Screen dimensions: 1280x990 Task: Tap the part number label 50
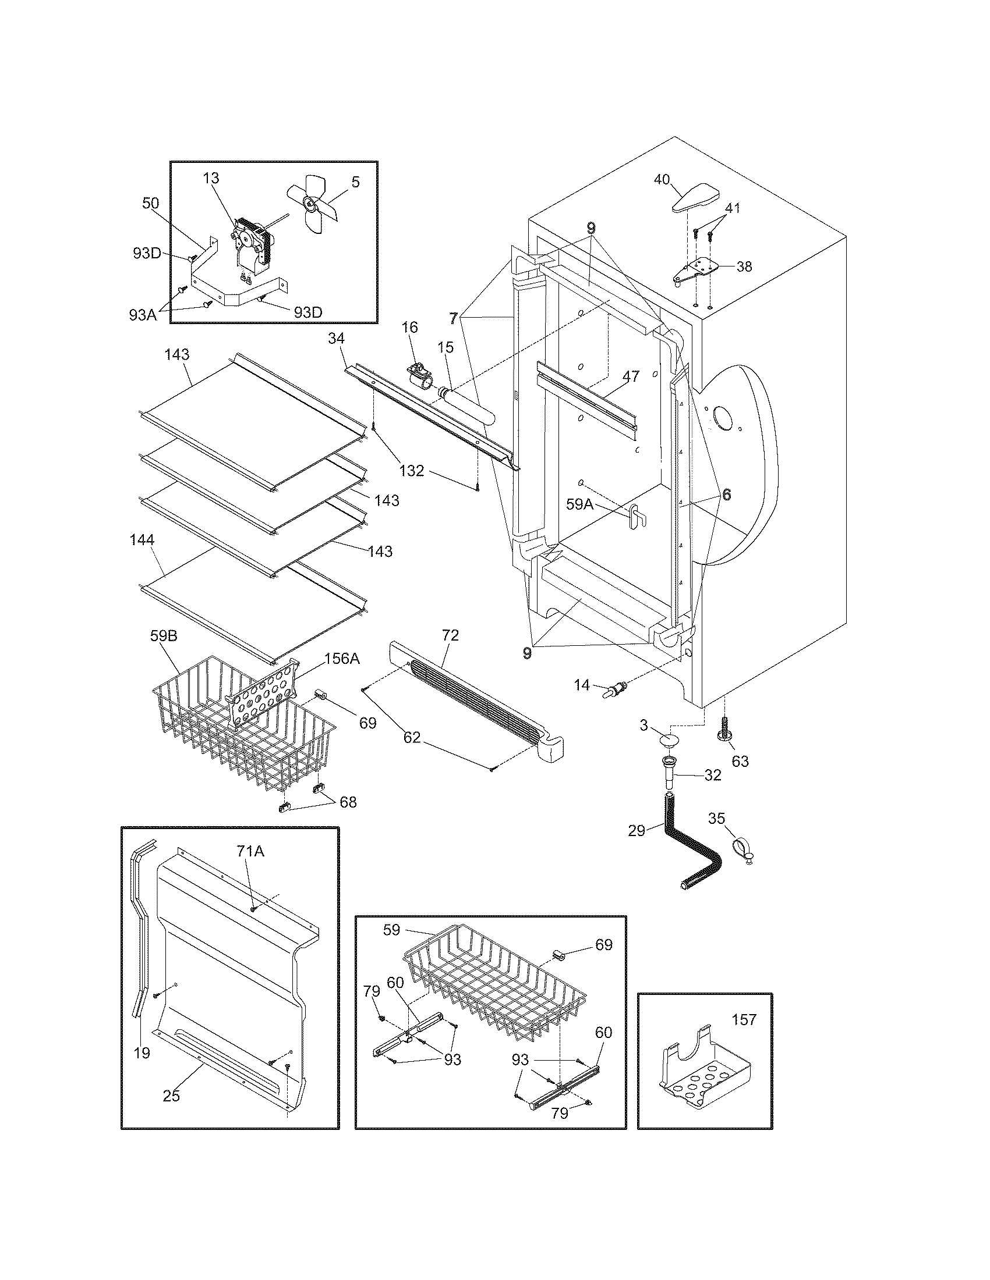coord(151,204)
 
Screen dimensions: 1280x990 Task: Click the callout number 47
coord(631,376)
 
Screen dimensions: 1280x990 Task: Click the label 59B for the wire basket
coord(164,635)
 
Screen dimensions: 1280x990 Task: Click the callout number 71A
coord(250,852)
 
